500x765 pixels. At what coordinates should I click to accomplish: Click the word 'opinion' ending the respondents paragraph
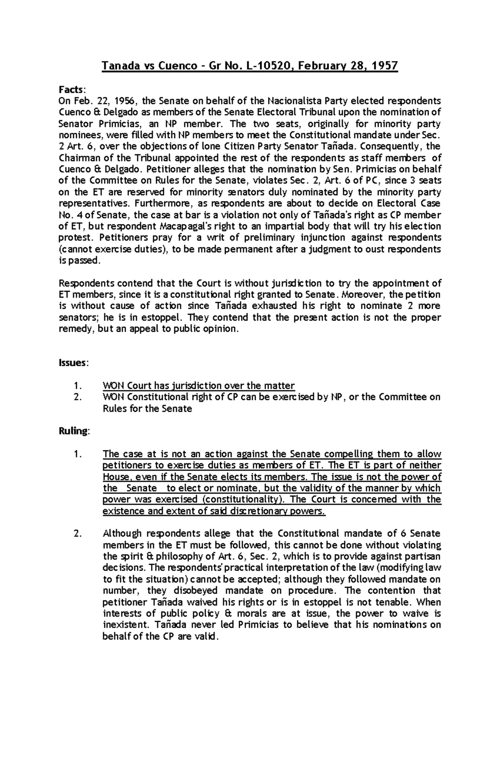(223, 329)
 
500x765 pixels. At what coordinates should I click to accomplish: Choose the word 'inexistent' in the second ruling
(125, 625)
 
